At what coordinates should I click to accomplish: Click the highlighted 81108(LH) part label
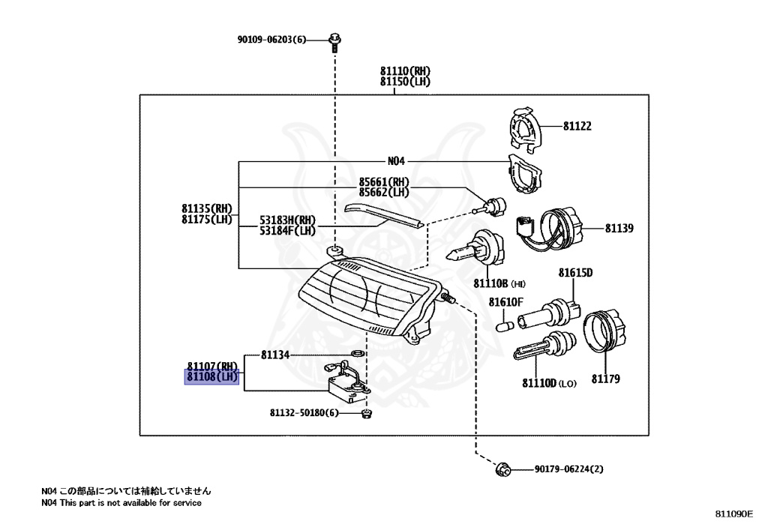point(211,377)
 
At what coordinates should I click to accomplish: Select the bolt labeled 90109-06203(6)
point(335,41)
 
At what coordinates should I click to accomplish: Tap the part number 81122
point(577,126)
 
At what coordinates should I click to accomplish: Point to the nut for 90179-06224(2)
point(502,470)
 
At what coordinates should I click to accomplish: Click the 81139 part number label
point(619,229)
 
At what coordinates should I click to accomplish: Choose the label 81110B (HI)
point(499,283)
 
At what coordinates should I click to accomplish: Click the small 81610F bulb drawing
point(505,326)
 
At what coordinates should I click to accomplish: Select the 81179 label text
point(605,379)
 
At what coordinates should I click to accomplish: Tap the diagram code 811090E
point(733,514)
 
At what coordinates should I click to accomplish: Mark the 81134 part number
point(274,355)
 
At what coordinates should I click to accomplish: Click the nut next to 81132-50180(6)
point(366,414)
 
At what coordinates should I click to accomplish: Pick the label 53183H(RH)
point(287,220)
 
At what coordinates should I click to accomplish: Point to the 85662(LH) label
point(384,193)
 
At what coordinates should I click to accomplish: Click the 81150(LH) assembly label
point(405,82)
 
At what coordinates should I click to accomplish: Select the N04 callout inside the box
point(396,161)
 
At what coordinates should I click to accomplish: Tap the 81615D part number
point(575,273)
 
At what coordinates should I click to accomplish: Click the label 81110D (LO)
point(549,383)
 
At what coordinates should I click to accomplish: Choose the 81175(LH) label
point(207,219)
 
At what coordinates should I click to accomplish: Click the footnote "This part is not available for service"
point(130,502)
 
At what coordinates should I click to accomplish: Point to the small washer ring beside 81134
point(358,353)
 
